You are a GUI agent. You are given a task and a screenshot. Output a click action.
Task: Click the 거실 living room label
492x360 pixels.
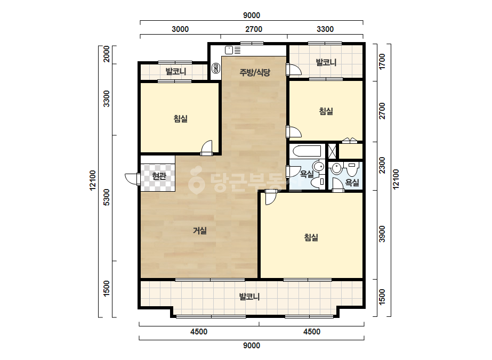point(199,231)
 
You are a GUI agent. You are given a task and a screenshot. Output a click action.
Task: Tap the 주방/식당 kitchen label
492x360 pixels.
point(254,72)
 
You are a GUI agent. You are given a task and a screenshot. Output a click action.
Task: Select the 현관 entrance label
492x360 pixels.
point(159,176)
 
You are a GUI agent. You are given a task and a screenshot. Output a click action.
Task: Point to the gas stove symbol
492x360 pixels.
point(216,68)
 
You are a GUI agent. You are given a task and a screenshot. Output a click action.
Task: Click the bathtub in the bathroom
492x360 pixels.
point(307,151)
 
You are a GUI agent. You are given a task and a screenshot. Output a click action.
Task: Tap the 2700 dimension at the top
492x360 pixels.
point(254,29)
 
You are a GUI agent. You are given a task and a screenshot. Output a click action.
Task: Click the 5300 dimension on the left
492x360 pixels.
point(107,197)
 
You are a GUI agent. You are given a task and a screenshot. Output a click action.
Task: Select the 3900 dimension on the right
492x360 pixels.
point(382,234)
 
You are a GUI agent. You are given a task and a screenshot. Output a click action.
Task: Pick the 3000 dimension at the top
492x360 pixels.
point(180,29)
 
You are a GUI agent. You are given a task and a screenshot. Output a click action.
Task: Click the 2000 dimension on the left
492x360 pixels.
point(107,54)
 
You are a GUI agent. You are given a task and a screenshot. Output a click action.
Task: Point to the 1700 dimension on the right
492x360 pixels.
point(382,61)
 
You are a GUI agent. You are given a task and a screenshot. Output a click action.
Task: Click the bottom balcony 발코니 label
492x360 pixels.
point(249,297)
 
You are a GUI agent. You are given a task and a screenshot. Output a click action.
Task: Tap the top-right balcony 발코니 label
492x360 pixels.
point(326,62)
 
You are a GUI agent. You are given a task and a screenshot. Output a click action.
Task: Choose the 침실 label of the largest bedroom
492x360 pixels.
point(311,238)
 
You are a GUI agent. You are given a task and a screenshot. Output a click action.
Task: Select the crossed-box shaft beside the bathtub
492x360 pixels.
point(332,151)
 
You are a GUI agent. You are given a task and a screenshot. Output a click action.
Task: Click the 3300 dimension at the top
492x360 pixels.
point(325,29)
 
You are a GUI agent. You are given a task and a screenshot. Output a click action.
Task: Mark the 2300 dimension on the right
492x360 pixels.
point(382,165)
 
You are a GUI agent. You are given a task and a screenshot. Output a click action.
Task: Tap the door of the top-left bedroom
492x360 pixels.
point(207,148)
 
